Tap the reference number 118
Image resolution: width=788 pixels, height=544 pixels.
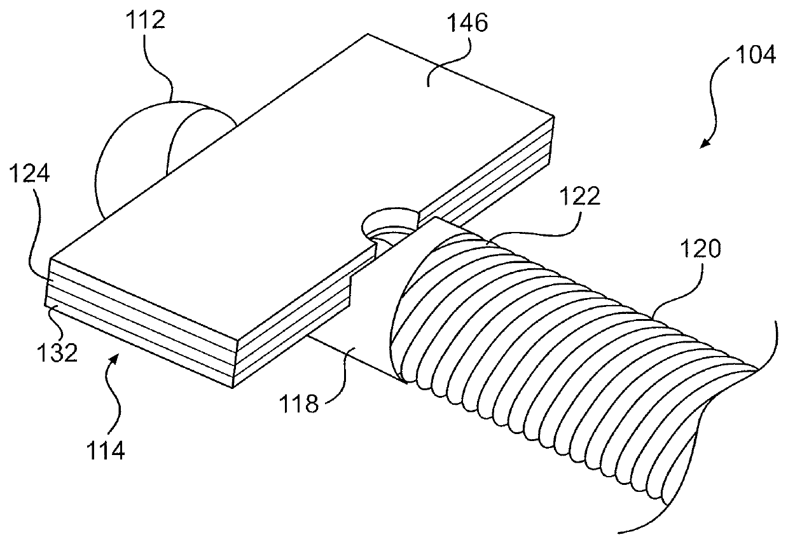click(301, 404)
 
